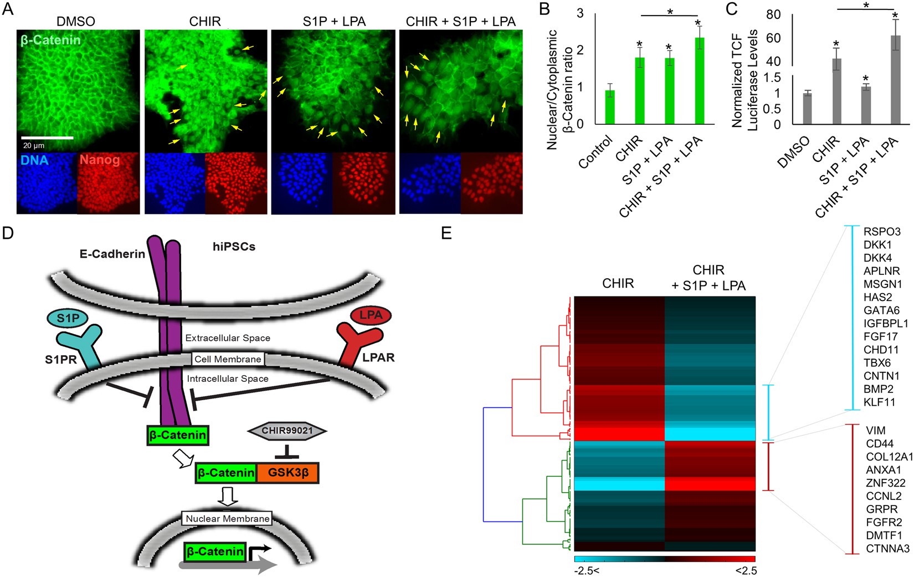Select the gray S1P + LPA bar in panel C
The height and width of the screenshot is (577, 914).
pos(866,105)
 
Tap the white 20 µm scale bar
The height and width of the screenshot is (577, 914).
pos(47,137)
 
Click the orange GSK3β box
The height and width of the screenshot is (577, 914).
pos(288,473)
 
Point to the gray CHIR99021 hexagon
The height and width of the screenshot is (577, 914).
pos(287,431)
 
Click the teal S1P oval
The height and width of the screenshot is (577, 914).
pos(68,318)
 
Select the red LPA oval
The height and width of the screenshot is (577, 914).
pos(371,315)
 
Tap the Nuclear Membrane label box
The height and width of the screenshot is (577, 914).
pos(228,519)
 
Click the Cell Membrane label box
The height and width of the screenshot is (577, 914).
pos(228,359)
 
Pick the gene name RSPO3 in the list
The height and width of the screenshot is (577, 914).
pos(882,232)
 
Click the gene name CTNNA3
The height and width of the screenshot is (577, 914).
pos(887,549)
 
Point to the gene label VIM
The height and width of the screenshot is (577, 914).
pos(876,430)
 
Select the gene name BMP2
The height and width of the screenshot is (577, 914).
pos(878,389)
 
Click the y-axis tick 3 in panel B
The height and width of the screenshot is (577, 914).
pos(580,13)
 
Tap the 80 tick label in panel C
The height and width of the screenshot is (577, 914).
pos(773,14)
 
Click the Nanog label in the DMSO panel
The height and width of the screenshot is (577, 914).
pos(100,160)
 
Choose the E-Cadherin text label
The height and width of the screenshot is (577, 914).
pos(112,254)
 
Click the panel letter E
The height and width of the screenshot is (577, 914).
pos(446,233)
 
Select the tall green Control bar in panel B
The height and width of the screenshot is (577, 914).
pos(610,108)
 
